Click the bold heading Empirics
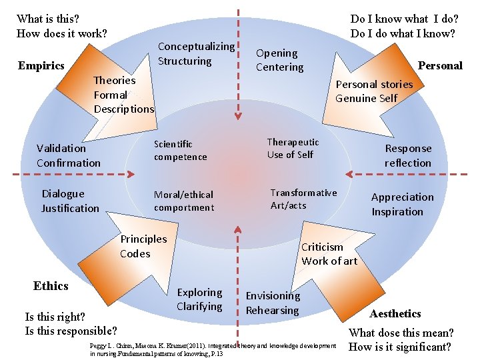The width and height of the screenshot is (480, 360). (41, 65)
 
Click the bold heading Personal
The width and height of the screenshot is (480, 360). (439, 65)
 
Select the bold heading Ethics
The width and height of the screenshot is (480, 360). (51, 286)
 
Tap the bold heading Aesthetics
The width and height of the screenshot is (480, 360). (395, 313)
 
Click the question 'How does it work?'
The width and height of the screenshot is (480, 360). (61, 33)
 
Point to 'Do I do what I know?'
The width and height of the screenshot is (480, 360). (403, 33)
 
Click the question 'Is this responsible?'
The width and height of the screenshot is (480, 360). (71, 331)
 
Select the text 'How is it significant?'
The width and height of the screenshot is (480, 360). (400, 347)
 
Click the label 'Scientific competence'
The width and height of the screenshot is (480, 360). (180, 151)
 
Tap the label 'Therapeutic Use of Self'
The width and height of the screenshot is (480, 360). (293, 148)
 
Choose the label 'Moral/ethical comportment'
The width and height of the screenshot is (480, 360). (184, 201)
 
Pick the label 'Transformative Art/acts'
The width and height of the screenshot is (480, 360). (303, 199)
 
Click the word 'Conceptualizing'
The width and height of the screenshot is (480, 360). (196, 47)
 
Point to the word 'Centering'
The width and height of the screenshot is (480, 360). (279, 67)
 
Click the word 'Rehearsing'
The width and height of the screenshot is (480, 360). (272, 311)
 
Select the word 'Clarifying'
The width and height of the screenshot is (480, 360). (199, 307)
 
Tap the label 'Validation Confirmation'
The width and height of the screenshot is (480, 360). (69, 156)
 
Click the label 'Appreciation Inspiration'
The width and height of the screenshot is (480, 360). (402, 205)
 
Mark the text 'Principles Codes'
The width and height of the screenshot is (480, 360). (143, 246)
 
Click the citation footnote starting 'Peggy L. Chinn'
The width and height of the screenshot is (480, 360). (213, 349)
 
